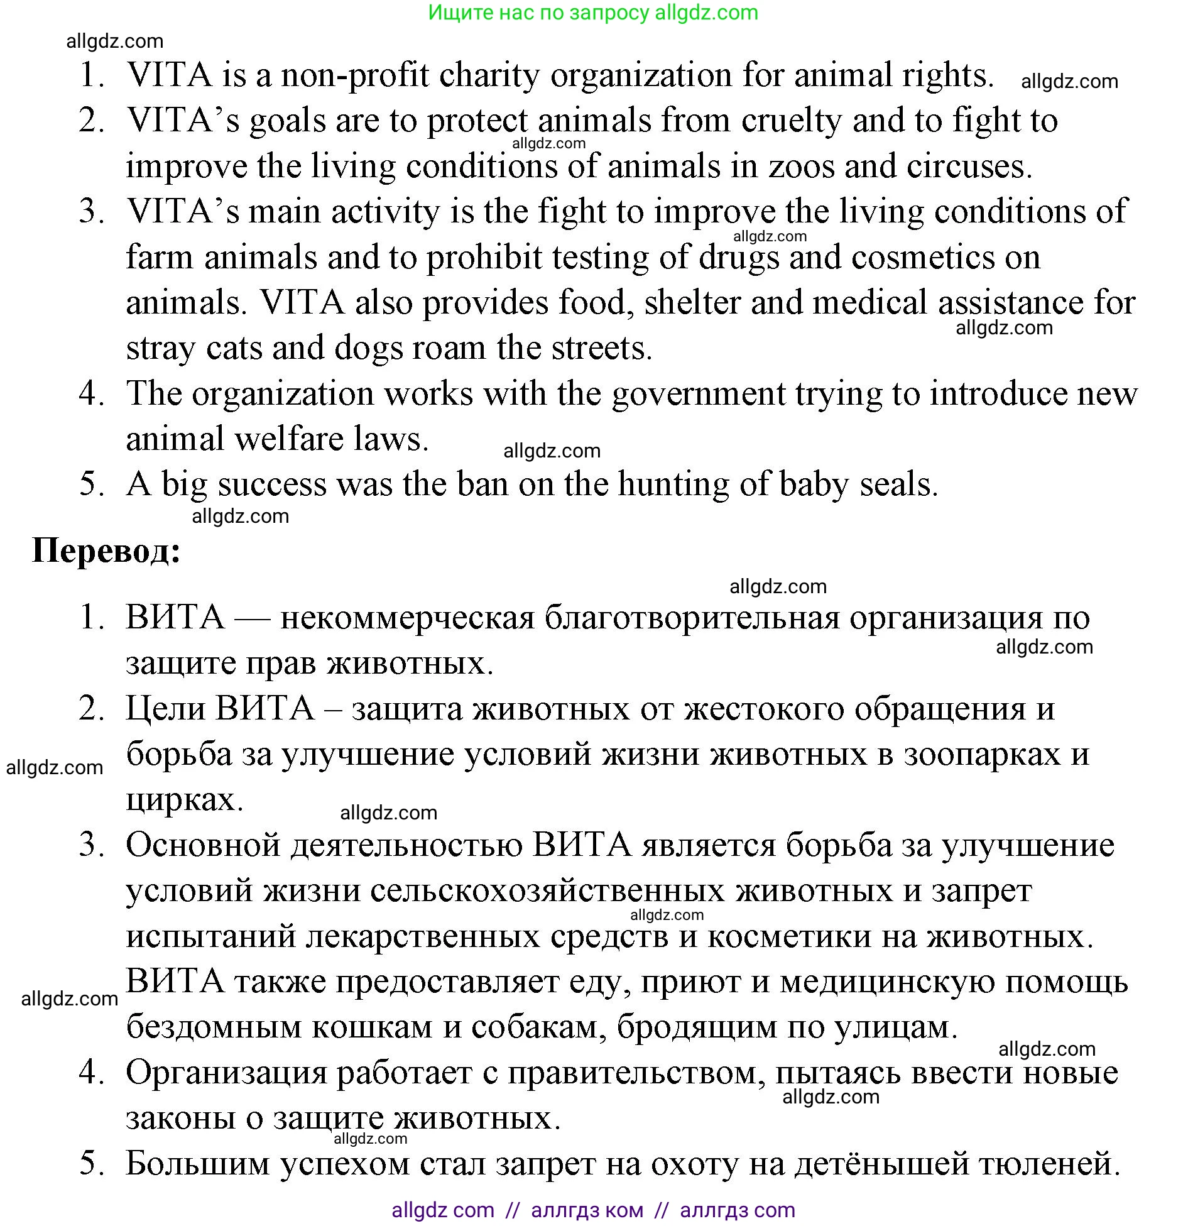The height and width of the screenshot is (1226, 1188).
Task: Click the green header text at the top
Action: tap(593, 13)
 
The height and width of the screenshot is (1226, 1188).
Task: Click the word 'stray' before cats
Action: tap(160, 349)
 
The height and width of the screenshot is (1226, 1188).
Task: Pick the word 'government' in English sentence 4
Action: tap(698, 394)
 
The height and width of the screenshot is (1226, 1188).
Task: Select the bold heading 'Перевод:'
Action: tap(106, 550)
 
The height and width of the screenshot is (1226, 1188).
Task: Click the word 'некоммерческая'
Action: tap(406, 618)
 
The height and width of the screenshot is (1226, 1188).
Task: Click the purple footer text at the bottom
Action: tap(593, 1210)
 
